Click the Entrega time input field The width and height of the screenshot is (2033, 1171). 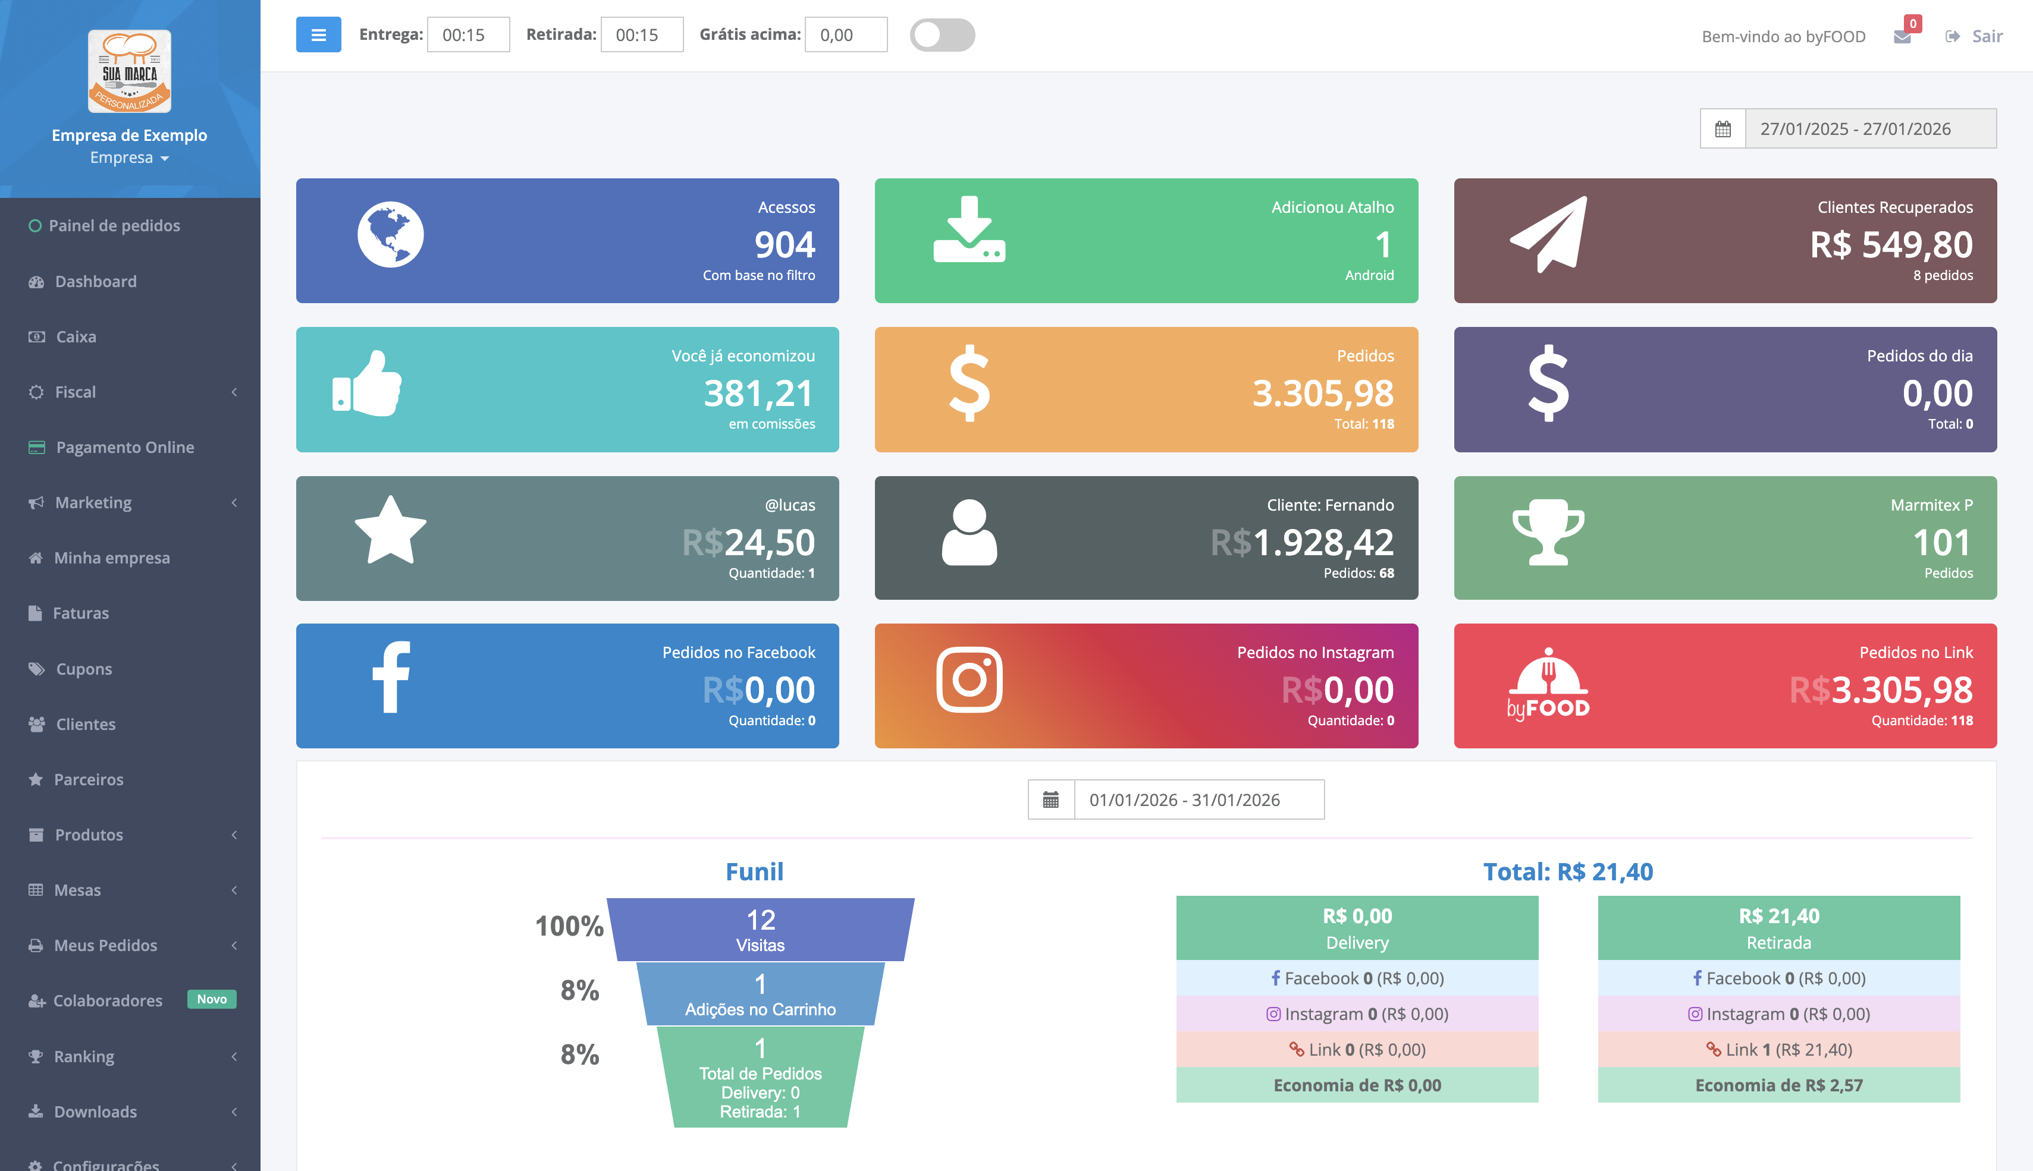tap(468, 34)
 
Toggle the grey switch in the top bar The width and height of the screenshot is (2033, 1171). tap(942, 34)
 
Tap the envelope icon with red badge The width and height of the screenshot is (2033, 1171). tap(1902, 36)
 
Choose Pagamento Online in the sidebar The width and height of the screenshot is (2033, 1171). tap(125, 447)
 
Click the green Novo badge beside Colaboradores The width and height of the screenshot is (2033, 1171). tap(212, 999)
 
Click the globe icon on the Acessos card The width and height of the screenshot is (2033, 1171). tap(390, 235)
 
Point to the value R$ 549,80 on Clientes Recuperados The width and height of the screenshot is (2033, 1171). tap(1891, 244)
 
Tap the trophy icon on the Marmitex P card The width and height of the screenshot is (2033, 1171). tap(1548, 533)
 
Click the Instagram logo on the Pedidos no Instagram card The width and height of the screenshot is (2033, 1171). tap(969, 679)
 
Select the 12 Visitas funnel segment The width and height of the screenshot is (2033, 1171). tap(760, 929)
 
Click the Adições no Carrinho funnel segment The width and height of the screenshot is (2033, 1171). tap(760, 994)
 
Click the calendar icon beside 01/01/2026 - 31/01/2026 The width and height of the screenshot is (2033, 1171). tap(1050, 799)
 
